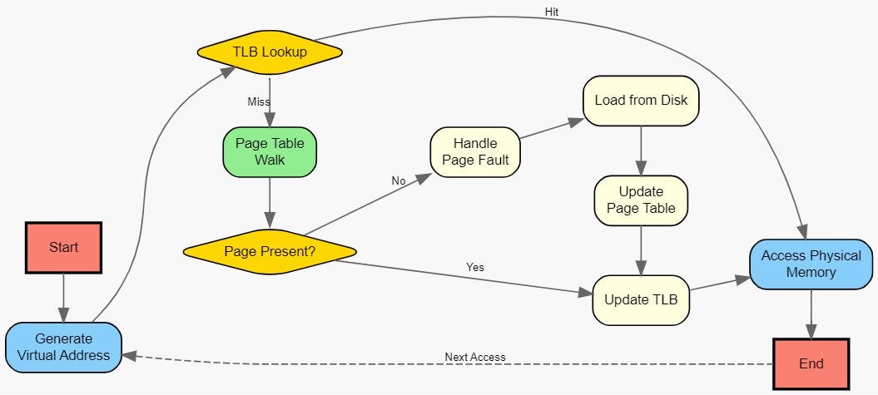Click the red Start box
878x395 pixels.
pos(63,248)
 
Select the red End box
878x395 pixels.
pos(811,363)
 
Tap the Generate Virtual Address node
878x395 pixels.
pos(63,347)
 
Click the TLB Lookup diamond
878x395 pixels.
pos(270,52)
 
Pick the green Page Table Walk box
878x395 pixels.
pos(270,152)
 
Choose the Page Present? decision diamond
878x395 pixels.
pos(270,250)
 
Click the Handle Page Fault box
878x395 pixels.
pos(474,151)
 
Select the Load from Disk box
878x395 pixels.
pos(640,101)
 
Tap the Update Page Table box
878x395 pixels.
pos(641,200)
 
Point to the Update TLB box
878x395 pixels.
pos(641,299)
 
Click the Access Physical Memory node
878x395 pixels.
pos(811,264)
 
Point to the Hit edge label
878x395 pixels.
pos(552,12)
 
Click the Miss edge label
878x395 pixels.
pos(259,101)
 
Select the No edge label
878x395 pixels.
pos(399,180)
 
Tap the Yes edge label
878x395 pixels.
pos(475,267)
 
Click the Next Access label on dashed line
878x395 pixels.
pos(475,358)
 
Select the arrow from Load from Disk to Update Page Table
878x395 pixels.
pos(641,151)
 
